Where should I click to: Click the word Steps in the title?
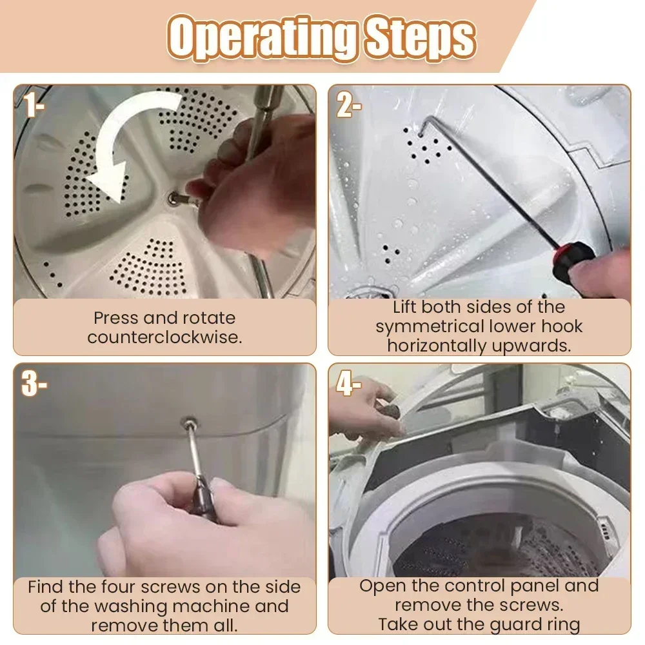point(421,38)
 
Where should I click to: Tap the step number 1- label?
point(34,104)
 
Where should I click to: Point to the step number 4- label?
point(349,383)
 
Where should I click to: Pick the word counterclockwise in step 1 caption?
point(164,338)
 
